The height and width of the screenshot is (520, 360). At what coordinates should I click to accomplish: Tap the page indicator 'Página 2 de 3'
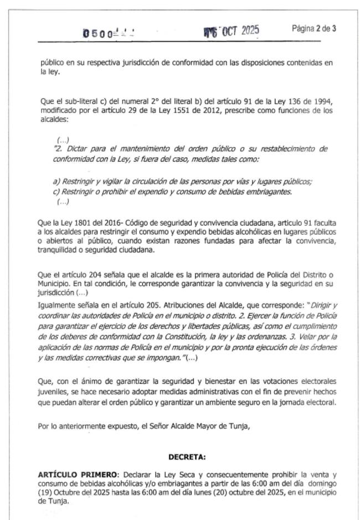click(x=313, y=29)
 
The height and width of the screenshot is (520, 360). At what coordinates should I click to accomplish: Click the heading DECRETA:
click(x=187, y=457)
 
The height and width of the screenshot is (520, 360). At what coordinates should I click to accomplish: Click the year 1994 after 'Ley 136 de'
click(x=321, y=103)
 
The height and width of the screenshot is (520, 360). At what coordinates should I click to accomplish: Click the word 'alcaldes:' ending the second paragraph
click(x=52, y=119)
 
